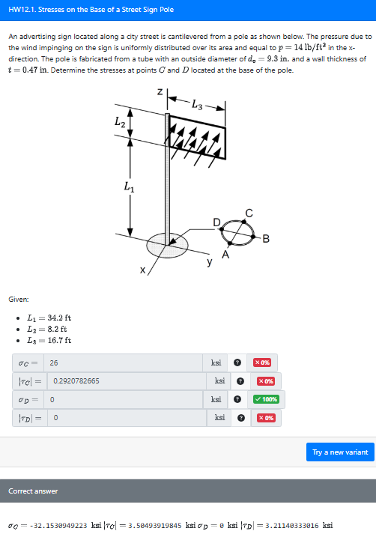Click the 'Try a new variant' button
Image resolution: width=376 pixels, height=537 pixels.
(340, 452)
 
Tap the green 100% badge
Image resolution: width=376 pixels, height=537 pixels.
(267, 398)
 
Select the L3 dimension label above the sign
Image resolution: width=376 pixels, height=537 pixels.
(196, 103)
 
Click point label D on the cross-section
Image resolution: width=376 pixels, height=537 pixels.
(216, 222)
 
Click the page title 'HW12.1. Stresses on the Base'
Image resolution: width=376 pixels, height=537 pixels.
(91, 10)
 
